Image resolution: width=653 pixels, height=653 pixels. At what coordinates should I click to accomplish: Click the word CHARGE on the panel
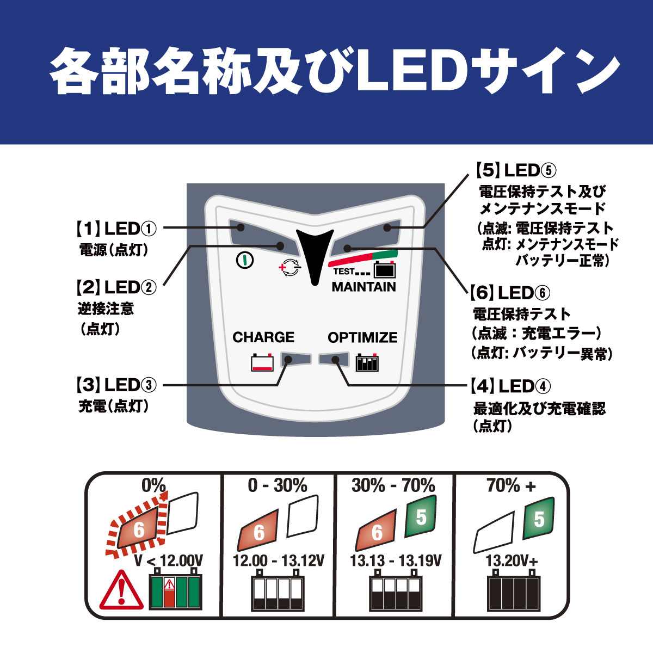click(263, 337)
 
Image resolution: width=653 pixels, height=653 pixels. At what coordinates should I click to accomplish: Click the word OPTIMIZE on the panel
click(362, 337)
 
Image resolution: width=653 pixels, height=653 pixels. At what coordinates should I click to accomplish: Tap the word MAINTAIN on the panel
click(364, 287)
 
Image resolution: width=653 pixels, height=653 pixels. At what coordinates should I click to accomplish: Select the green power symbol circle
click(245, 260)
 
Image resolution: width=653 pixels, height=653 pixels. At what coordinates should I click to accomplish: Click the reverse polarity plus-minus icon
click(289, 268)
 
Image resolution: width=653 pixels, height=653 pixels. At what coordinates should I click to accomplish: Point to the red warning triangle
click(121, 590)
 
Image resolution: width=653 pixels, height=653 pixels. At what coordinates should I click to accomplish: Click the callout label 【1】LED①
click(115, 229)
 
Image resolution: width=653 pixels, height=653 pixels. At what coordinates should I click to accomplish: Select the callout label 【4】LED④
click(510, 386)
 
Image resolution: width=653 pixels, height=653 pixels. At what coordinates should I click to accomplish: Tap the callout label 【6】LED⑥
click(510, 293)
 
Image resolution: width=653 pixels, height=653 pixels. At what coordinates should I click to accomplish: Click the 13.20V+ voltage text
click(512, 561)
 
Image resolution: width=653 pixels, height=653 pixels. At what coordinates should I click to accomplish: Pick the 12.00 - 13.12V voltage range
click(279, 561)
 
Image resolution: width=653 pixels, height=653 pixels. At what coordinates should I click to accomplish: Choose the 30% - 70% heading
click(393, 485)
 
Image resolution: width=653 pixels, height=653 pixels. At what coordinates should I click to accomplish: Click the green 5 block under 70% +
click(538, 519)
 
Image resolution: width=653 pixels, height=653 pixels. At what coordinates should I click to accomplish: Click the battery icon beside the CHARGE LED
click(262, 362)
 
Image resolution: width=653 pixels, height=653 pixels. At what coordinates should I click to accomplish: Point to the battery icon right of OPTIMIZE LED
click(367, 362)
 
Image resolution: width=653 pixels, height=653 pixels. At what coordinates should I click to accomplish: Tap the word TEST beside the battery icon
click(343, 272)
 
